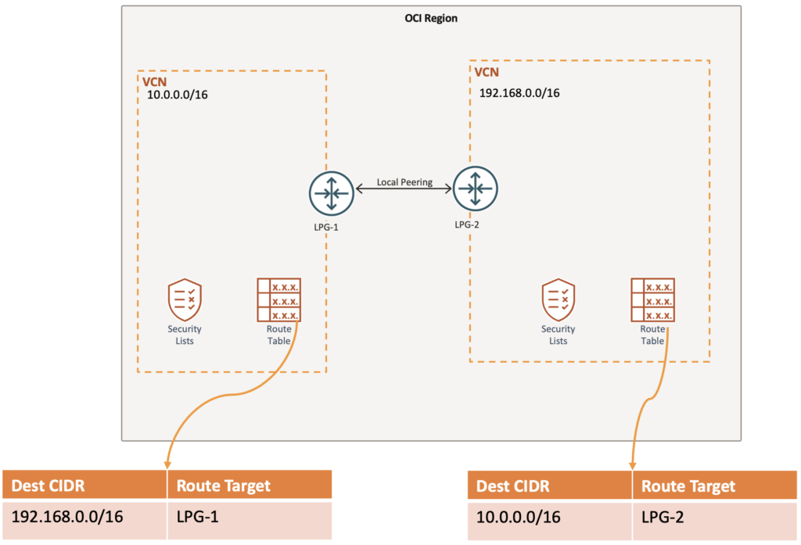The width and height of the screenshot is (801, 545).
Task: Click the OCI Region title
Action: click(x=426, y=18)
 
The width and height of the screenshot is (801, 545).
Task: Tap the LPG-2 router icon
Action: click(x=475, y=188)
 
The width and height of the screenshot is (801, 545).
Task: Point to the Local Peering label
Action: click(x=404, y=182)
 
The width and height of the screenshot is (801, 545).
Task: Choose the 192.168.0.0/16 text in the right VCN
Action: click(x=519, y=92)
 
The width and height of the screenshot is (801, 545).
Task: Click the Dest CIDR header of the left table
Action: click(x=48, y=486)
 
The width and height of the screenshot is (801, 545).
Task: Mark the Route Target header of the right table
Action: click(x=688, y=486)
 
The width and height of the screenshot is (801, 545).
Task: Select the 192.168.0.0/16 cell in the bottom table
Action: click(x=68, y=517)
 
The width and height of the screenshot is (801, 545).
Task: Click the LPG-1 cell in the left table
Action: click(x=196, y=517)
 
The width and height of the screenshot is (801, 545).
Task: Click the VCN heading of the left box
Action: click(x=153, y=81)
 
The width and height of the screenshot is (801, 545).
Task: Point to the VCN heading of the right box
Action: click(x=487, y=72)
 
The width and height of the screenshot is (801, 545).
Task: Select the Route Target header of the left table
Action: click(x=223, y=486)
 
